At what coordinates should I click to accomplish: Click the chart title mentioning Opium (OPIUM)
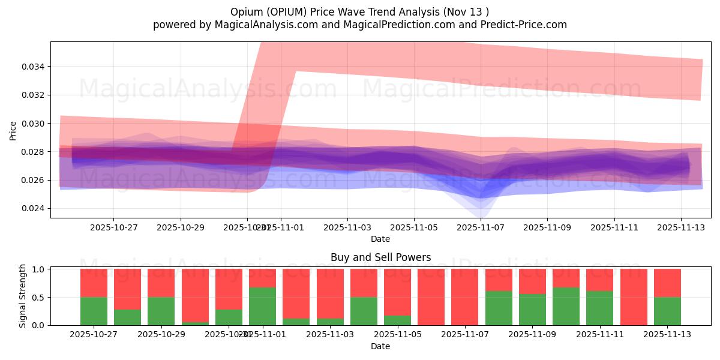click(x=359, y=12)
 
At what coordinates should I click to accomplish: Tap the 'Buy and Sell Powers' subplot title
click(x=380, y=257)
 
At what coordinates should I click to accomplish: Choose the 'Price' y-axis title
click(x=13, y=130)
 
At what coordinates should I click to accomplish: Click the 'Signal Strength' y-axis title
click(x=23, y=296)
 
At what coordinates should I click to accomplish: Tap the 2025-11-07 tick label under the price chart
click(x=481, y=228)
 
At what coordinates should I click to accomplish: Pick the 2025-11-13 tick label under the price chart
click(x=680, y=228)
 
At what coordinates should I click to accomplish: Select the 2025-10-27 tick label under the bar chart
click(x=94, y=335)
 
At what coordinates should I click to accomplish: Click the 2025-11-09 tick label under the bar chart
click(x=532, y=335)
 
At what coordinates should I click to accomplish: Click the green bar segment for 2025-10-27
click(x=94, y=311)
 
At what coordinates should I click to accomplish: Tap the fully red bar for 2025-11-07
click(x=465, y=297)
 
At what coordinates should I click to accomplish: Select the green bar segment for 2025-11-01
click(x=262, y=306)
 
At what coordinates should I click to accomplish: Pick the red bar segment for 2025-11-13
click(x=667, y=283)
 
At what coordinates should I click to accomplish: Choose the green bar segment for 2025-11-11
click(x=599, y=308)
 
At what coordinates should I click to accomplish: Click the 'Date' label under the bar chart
click(x=380, y=346)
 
